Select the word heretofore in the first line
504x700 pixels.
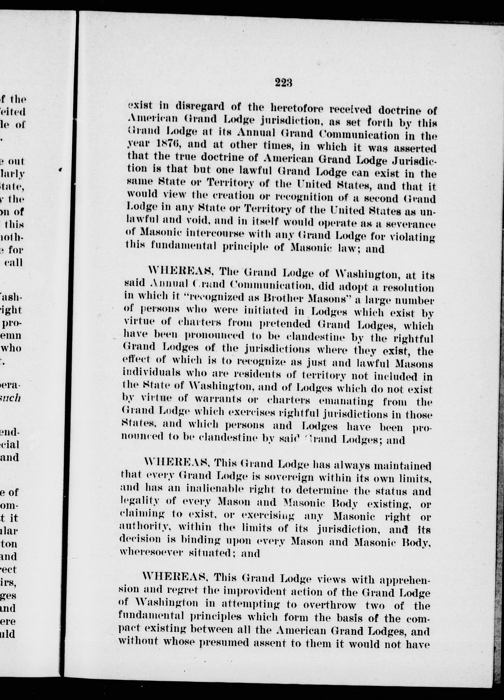pyautogui.click(x=298, y=108)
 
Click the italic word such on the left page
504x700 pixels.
pyautogui.click(x=11, y=398)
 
